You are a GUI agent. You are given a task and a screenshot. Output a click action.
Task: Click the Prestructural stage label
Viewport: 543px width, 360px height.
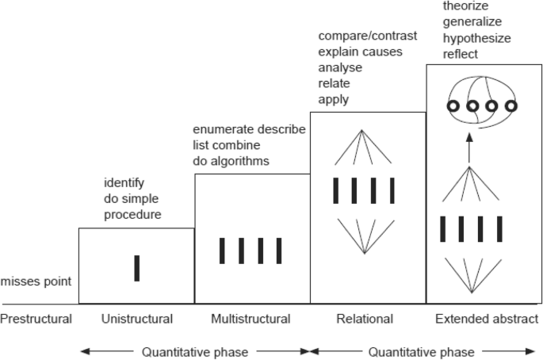point(36,319)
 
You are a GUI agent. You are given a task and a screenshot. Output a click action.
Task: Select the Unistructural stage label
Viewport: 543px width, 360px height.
point(137,319)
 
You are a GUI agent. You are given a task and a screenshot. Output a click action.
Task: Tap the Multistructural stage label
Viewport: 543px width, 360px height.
point(250,319)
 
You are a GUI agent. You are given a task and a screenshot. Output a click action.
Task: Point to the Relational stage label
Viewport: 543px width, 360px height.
point(364,319)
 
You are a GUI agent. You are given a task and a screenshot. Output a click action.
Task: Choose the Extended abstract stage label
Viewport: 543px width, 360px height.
point(487,319)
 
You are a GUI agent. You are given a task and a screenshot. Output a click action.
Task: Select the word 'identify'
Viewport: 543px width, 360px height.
point(123,183)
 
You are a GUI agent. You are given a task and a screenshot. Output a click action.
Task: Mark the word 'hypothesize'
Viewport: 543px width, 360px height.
point(476,37)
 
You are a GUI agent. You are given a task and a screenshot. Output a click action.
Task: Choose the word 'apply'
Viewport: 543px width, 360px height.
point(333,99)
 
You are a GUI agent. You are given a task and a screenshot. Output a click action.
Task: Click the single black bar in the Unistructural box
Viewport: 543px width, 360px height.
point(137,268)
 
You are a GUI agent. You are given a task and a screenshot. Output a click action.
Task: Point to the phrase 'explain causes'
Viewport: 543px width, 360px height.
point(360,52)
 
